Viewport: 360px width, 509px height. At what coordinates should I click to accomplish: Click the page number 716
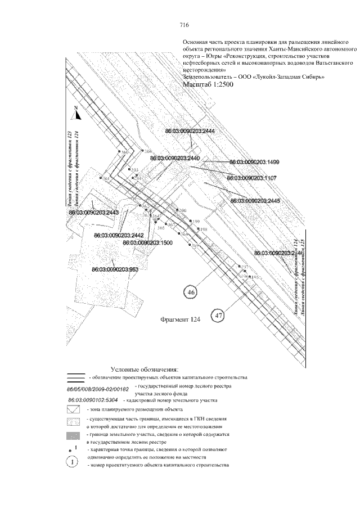point(184,25)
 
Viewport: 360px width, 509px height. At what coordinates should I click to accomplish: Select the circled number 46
point(191,292)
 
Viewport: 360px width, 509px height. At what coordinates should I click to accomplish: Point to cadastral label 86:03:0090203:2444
point(190,130)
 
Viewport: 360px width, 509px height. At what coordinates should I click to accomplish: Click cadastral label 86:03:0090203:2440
point(175,159)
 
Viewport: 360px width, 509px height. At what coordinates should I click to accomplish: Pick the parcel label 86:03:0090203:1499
point(255,162)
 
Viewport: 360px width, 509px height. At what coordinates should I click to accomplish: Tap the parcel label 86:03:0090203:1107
point(251,178)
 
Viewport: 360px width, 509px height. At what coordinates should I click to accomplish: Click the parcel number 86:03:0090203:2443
point(94,213)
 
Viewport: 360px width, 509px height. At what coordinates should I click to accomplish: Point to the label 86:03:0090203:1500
point(147,242)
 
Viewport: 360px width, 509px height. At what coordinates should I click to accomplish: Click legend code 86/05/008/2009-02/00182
point(98,389)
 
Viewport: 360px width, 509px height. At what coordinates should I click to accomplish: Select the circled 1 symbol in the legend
point(74,462)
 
